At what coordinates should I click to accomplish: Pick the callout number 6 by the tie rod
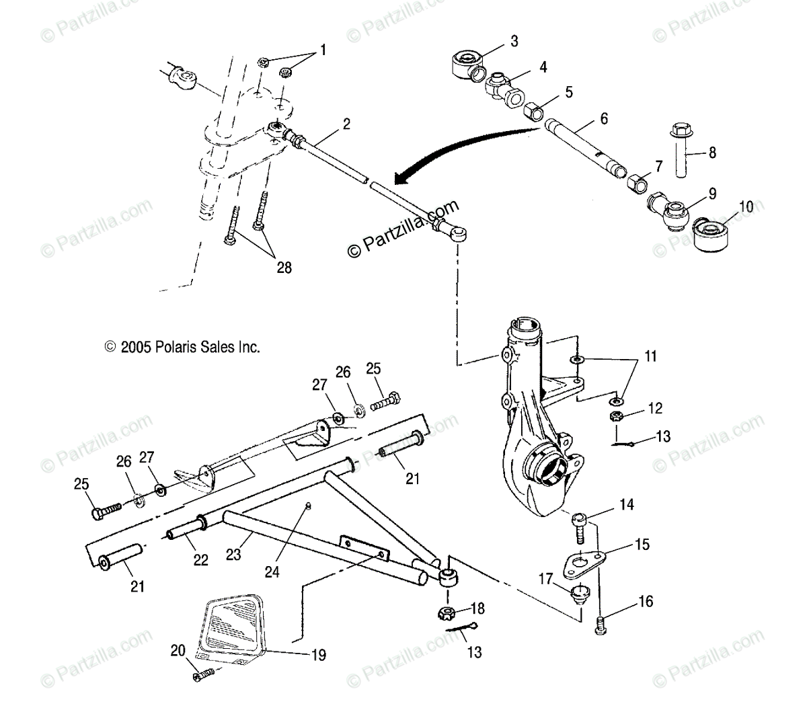[603, 118]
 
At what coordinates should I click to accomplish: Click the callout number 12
[655, 408]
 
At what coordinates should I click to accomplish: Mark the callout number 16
[644, 601]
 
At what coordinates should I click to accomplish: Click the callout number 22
[201, 560]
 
